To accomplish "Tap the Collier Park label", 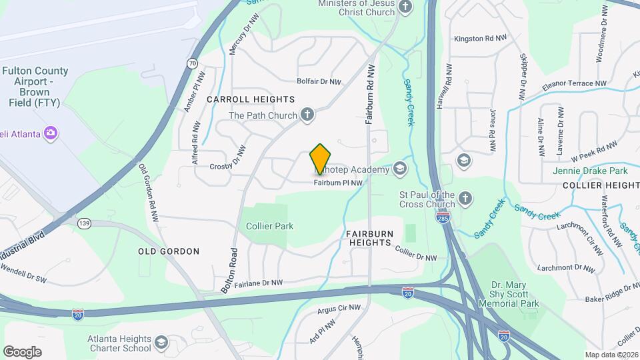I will click(269, 226).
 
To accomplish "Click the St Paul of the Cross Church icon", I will click(465, 199).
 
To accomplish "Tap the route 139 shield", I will click(83, 223).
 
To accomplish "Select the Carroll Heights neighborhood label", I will click(251, 99).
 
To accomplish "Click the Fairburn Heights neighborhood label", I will click(369, 239).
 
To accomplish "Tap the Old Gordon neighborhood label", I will click(169, 251).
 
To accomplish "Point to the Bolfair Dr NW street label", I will click(319, 82).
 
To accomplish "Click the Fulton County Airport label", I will click(35, 87).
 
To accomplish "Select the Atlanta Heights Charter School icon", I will click(161, 343).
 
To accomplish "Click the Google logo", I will click(22, 351).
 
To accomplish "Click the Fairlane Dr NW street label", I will click(258, 283).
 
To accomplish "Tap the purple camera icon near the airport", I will click(50, 133).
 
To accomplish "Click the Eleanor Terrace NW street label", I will click(574, 85).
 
